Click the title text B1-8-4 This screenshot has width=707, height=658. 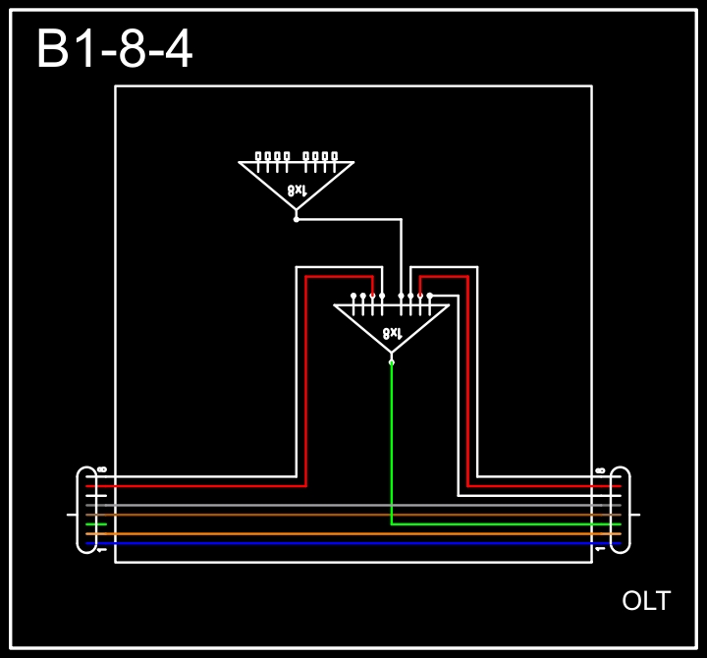pyautogui.click(x=114, y=49)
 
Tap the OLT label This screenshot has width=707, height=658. pyautogui.click(x=646, y=601)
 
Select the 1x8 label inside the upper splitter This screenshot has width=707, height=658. pyautogui.click(x=297, y=189)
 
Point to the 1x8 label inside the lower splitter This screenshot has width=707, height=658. pyautogui.click(x=392, y=333)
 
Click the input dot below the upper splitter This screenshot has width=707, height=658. pyautogui.click(x=297, y=219)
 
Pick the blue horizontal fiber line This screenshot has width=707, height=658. pyautogui.click(x=353, y=543)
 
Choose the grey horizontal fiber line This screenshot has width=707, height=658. pyautogui.click(x=353, y=505)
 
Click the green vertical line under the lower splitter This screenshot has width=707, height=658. pyautogui.click(x=392, y=442)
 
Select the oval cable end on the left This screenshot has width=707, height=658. pyautogui.click(x=86, y=509)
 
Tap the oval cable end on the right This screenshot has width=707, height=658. pyautogui.click(x=620, y=509)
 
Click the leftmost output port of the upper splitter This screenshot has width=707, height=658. pyautogui.click(x=258, y=155)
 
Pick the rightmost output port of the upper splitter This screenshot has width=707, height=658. pyautogui.click(x=335, y=155)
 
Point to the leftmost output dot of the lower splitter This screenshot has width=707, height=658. pyautogui.click(x=353, y=295)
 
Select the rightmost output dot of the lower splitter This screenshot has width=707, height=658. pyautogui.click(x=429, y=295)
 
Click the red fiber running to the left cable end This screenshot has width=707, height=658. pyautogui.click(x=196, y=485)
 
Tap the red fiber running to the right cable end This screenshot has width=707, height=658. pyautogui.click(x=540, y=485)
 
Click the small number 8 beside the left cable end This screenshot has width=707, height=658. pyautogui.click(x=102, y=470)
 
